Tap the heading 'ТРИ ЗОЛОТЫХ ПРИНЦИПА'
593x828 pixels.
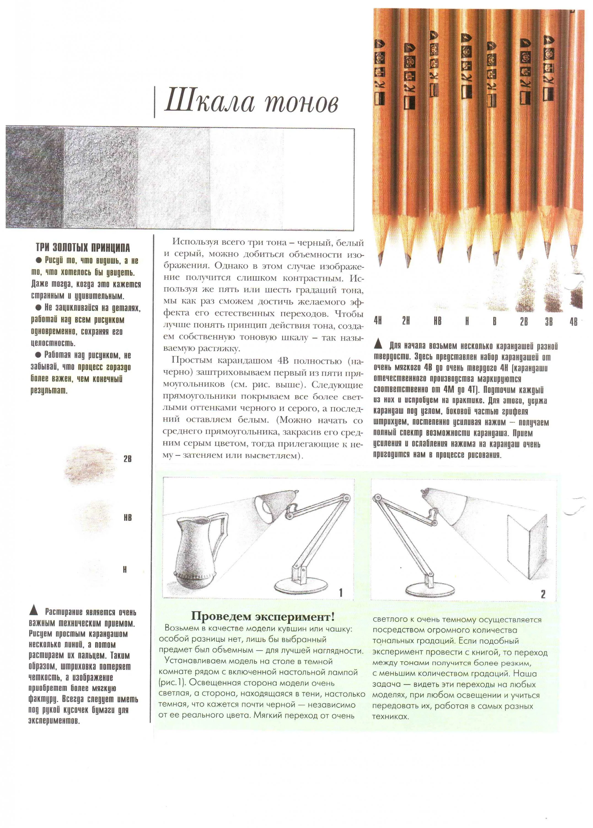pyautogui.click(x=82, y=248)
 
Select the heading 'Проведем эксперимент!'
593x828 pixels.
pyautogui.click(x=262, y=617)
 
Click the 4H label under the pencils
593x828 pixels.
pyautogui.click(x=378, y=321)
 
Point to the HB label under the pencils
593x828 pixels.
pyautogui.click(x=437, y=321)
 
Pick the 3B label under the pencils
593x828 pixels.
pyautogui.click(x=549, y=321)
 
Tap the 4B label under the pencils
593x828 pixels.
pyautogui.click(x=573, y=321)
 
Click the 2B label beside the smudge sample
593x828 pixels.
pyautogui.click(x=127, y=459)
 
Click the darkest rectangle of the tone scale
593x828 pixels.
pyautogui.click(x=35, y=178)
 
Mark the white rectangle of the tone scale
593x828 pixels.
pyautogui.click(x=318, y=179)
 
